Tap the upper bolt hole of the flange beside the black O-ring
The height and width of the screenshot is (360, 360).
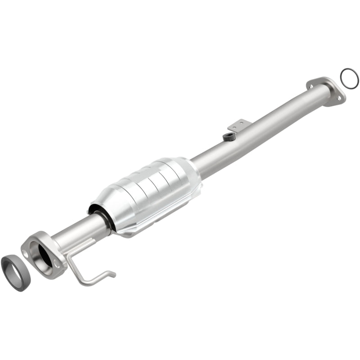pyautogui.click(x=311, y=84)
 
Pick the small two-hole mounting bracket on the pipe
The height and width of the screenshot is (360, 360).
pyautogui.click(x=238, y=125)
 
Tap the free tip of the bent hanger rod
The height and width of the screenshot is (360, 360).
pyautogui.click(x=113, y=274)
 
